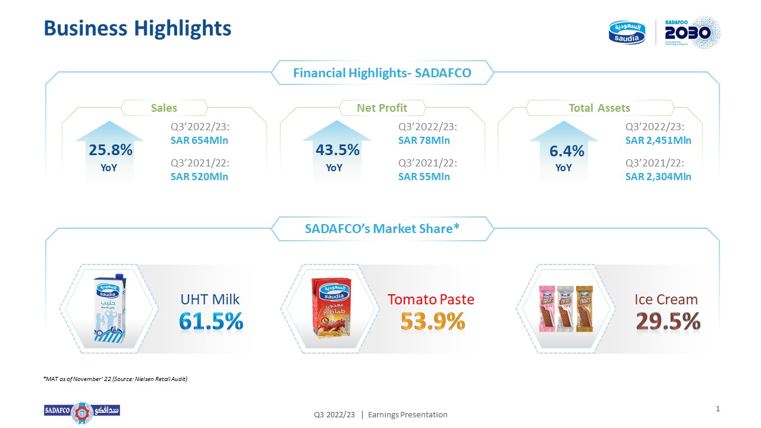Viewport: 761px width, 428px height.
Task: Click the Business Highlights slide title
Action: pos(137,28)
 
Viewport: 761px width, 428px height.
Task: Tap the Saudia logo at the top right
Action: pos(627,32)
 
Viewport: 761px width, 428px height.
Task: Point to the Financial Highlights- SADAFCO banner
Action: pos(382,73)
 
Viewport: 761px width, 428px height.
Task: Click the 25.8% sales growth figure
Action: pos(110,150)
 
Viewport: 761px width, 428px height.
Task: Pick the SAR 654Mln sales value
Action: pos(199,141)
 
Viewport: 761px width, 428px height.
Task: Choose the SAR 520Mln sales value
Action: pos(199,177)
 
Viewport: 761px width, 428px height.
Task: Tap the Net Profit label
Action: pos(382,108)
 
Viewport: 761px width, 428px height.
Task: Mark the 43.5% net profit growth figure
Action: pos(337,150)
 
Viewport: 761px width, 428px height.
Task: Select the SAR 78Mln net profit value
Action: pos(424,141)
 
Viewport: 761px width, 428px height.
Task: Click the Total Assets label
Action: pos(599,108)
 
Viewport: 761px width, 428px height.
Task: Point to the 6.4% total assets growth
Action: pos(567,152)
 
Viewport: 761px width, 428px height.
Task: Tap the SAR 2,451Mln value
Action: pos(658,141)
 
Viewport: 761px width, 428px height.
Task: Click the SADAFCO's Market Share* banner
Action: pos(382,228)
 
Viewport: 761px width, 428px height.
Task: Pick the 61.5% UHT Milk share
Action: pos(211,322)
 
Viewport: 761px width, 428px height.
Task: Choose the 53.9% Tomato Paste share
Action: pos(432,322)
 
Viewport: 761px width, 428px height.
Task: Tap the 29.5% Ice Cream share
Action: pos(668,322)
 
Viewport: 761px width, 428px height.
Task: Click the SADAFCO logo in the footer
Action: pos(82,412)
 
